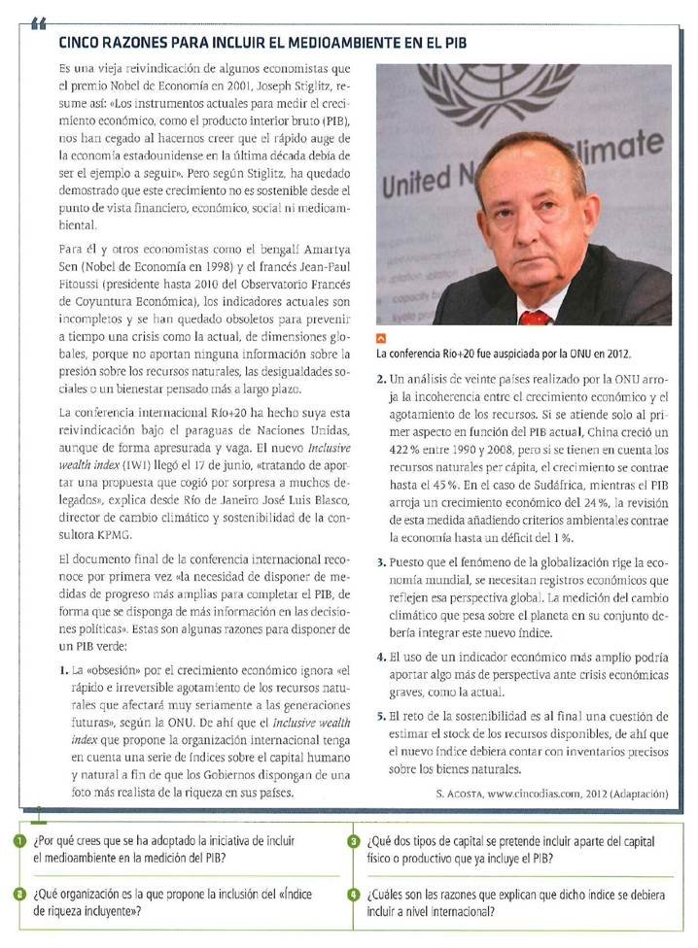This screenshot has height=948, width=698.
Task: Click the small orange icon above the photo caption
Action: coord(381,339)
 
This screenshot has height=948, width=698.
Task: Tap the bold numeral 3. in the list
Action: coord(380,562)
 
